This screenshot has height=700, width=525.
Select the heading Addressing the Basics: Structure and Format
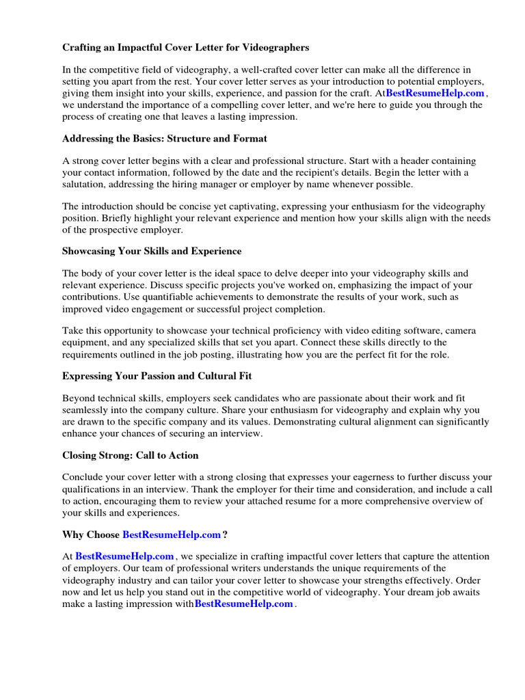(x=165, y=139)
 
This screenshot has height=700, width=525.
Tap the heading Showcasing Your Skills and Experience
(x=152, y=251)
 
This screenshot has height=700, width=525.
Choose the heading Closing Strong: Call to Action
(x=130, y=455)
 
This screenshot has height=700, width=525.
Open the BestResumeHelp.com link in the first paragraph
(x=435, y=93)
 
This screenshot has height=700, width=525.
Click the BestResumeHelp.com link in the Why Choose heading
(x=172, y=535)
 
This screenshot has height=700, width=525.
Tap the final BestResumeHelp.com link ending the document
(x=244, y=604)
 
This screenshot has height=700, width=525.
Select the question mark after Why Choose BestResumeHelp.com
(x=225, y=535)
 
